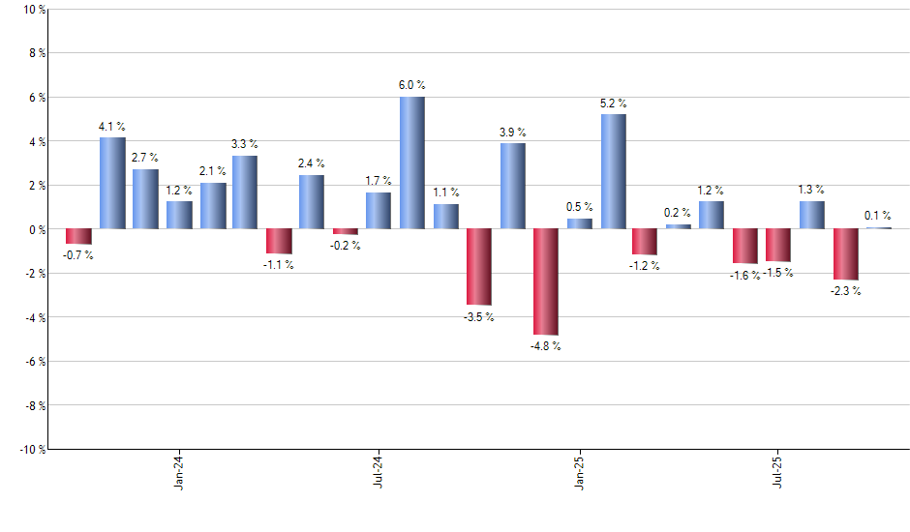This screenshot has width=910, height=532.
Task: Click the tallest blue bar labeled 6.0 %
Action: click(411, 163)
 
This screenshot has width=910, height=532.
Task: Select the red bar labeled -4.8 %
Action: click(545, 281)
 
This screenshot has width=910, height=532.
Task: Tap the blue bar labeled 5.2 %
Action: click(613, 171)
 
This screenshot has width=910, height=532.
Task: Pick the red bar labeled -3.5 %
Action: click(478, 267)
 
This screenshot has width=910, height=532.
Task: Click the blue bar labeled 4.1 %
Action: click(112, 184)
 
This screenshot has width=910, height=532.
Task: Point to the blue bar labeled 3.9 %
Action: click(512, 186)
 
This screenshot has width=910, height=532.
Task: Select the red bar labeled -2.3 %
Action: click(845, 254)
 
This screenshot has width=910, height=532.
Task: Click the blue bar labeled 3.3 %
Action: click(245, 192)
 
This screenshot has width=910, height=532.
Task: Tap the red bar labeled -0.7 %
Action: click(78, 237)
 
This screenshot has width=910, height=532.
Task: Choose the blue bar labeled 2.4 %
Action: click(312, 202)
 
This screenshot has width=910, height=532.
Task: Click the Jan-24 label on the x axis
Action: click(180, 472)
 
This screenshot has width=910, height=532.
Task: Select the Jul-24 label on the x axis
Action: click(379, 472)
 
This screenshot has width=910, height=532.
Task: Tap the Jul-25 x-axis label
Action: click(779, 472)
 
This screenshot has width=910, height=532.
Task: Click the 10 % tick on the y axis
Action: click(33, 10)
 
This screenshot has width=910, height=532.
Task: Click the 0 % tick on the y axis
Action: click(35, 229)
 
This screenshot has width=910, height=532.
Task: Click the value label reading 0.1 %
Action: click(878, 217)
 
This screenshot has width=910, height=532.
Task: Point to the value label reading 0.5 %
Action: click(579, 207)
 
